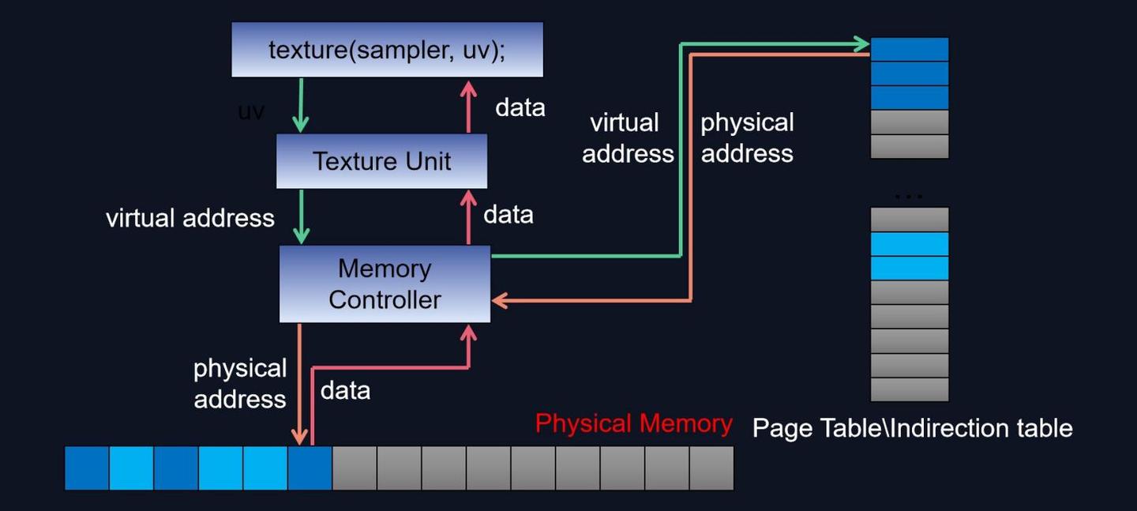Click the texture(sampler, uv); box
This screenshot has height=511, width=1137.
[x=387, y=50]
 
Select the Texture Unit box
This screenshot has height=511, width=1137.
[x=381, y=161]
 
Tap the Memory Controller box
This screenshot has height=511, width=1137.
[x=385, y=284]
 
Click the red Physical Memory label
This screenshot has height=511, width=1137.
[x=633, y=423]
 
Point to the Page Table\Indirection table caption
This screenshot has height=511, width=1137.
[x=912, y=428]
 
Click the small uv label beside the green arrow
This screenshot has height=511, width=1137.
[x=251, y=111]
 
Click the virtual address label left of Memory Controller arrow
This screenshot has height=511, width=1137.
[x=190, y=218]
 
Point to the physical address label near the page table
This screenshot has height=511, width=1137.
[x=747, y=137]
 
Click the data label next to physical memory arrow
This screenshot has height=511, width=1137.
[x=345, y=390]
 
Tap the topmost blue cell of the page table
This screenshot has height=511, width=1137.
[x=909, y=49]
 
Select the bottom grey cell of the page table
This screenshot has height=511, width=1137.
[x=909, y=389]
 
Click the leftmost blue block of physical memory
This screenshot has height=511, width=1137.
[x=86, y=468]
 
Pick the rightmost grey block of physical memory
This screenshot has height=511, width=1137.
[x=711, y=468]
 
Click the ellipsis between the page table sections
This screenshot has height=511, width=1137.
[x=909, y=194]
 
